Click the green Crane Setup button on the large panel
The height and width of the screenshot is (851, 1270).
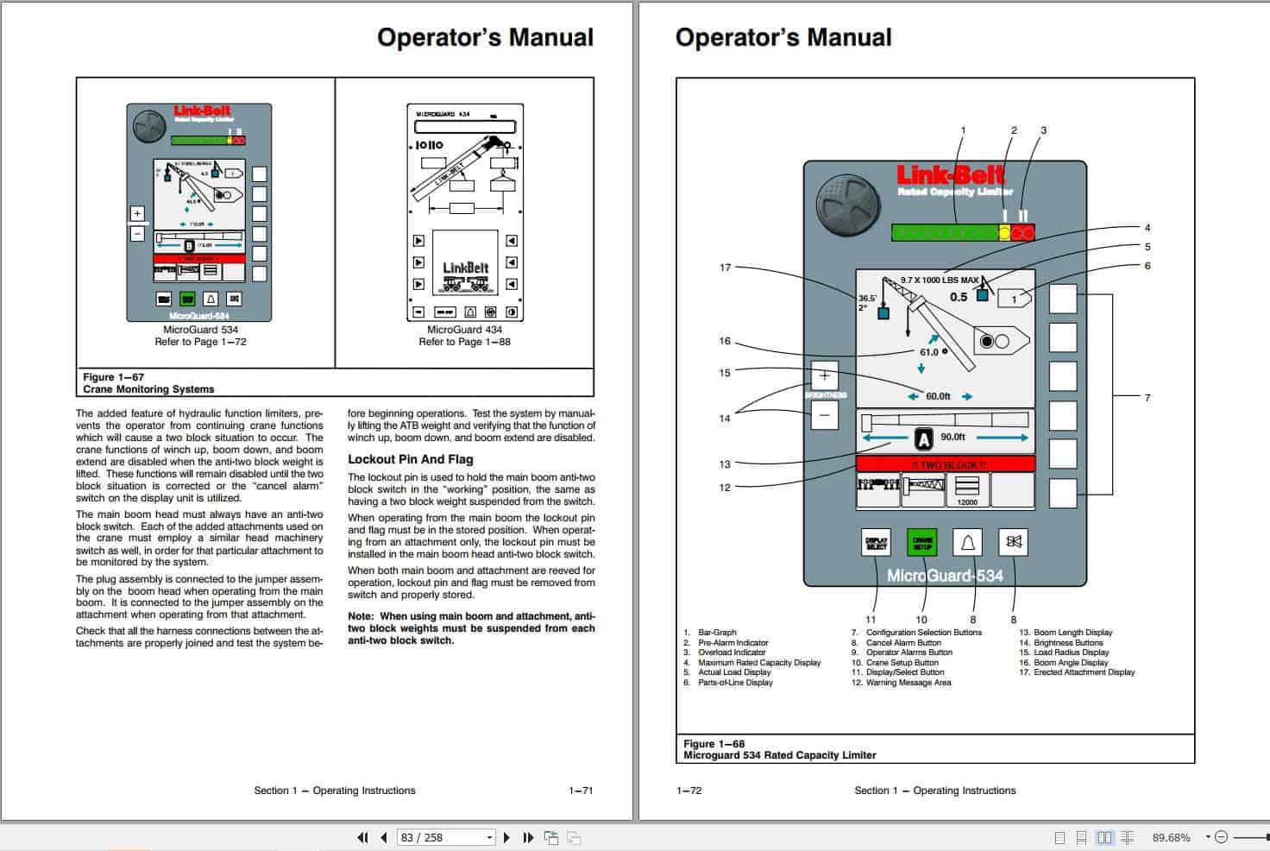click(x=921, y=542)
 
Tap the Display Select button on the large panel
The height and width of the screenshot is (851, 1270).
click(x=876, y=542)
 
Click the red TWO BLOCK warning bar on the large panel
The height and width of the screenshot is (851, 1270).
click(x=946, y=464)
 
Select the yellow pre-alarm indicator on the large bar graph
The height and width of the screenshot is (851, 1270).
click(x=1004, y=232)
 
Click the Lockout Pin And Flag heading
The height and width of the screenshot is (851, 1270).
click(x=410, y=459)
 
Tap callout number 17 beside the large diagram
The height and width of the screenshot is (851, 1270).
click(x=725, y=268)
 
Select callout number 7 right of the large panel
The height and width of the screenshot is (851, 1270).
click(x=1147, y=398)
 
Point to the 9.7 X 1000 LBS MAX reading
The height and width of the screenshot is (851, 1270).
click(x=940, y=280)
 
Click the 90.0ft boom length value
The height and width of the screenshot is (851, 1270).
click(x=952, y=438)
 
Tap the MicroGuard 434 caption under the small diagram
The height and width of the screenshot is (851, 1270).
click(x=464, y=330)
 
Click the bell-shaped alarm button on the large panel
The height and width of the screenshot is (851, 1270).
click(x=967, y=542)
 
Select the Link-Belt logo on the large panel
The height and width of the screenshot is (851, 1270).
click(x=949, y=175)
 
